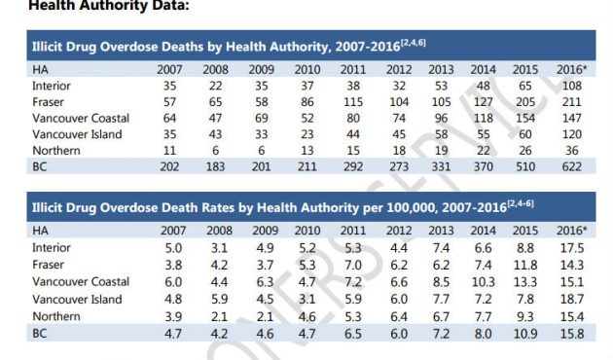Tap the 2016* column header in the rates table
point(569,232)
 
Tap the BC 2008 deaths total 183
point(216,166)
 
